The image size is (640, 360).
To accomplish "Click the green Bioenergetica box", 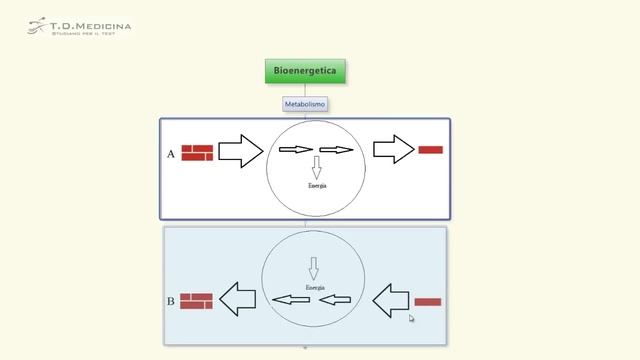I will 305,71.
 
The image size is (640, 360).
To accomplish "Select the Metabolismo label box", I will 305,103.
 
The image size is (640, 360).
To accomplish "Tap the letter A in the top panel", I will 171,155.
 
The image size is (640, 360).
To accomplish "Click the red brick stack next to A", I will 197,153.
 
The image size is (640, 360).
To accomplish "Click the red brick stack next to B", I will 196,300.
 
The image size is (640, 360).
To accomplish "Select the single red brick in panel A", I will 430,150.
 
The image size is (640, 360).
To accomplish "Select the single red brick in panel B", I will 427,301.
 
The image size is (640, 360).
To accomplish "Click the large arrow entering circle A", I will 239,151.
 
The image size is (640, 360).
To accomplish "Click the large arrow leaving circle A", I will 393,150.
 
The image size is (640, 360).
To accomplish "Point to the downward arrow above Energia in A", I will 316,167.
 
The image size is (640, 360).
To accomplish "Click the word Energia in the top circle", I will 316,186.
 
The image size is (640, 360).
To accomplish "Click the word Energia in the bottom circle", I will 314,287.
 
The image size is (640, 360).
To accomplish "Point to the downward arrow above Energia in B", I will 313,268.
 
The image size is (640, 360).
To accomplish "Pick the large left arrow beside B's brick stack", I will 237,298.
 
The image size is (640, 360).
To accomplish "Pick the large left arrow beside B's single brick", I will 391,298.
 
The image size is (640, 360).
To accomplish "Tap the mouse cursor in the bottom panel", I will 411,318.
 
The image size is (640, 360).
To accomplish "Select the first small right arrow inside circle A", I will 295,150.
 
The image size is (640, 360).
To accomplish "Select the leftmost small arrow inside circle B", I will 291,299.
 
